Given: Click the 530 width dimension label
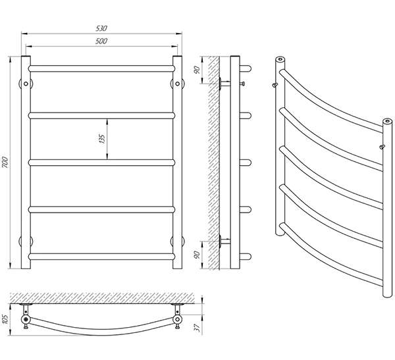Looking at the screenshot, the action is pos(101,28).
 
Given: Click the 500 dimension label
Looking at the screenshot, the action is pos(101,41).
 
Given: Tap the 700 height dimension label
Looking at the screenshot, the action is pos(5,163).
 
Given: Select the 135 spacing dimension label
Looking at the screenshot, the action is pos(102,139).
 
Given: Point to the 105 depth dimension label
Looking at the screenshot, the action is pos(6,319).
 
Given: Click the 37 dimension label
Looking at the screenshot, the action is pos(197,328).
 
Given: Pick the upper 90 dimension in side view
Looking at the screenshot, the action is pos(197,70).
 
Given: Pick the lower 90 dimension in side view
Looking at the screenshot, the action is pos(197,255).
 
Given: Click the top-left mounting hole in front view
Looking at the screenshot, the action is pos(26,84).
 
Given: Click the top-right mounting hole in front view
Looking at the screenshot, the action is pos(177,84).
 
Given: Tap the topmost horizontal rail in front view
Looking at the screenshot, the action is pos(101,68).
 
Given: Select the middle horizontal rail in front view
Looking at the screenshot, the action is pos(101,163).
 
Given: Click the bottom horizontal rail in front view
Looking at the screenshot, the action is pos(101,257).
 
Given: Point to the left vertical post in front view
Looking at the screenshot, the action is pos(26,163).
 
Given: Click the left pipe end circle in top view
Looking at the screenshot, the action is pos(26,320).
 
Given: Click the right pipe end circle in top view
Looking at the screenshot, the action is pos(178,320).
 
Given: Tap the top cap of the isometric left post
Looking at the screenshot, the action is pos(280,59).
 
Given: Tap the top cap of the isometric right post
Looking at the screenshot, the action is pos(388,122).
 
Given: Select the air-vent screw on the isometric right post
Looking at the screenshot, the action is pos(382,147).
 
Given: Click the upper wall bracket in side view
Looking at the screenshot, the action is pos(224,83).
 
